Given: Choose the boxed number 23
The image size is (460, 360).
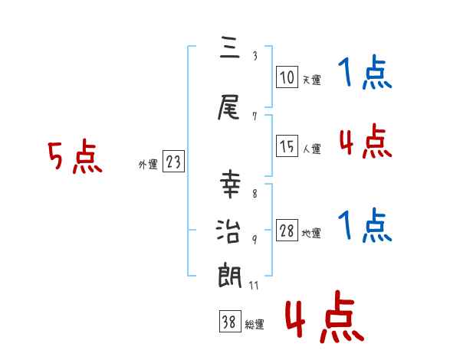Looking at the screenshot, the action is tap(173, 162).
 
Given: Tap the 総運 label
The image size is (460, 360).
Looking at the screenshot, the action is tap(254, 325).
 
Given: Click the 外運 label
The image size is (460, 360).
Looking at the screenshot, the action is tap(147, 164).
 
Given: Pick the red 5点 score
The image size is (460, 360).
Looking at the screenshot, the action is tap(74, 158).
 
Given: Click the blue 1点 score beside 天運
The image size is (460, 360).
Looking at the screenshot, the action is tap(365, 74).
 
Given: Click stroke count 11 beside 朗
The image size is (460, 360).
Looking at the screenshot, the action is tap(255, 286).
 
